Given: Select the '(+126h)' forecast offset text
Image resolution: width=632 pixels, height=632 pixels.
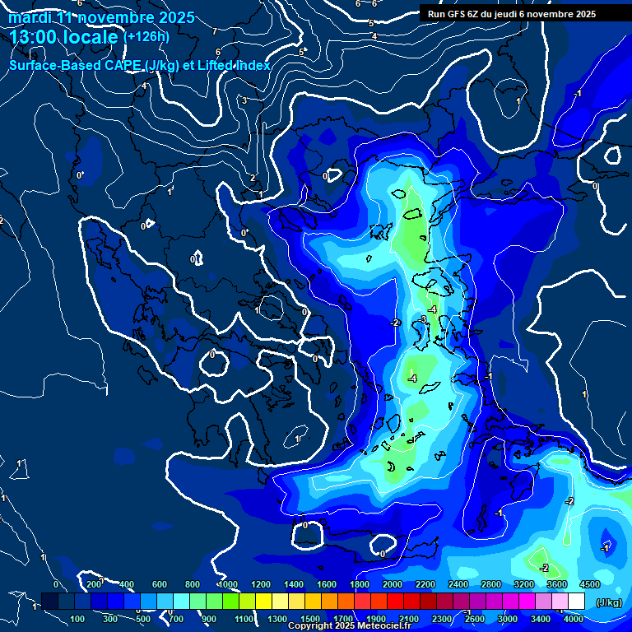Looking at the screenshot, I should point(146,36).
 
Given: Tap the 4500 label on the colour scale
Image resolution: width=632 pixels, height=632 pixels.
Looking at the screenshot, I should point(589,583).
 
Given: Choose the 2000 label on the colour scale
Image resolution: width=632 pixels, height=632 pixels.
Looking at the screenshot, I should point(392,583).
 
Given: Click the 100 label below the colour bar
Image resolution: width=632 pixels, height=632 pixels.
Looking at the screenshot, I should point(78,619).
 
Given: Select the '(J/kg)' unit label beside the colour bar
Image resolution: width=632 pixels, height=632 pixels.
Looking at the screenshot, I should point(607,603).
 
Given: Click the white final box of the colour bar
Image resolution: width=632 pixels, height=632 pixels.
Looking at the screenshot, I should point(576,602).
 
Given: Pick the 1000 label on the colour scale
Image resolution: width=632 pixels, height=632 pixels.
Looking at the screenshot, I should point(227,583).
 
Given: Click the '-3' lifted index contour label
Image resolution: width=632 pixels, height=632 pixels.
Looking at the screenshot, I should point(423,319).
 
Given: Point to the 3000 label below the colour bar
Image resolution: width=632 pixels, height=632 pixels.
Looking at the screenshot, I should point(508,619).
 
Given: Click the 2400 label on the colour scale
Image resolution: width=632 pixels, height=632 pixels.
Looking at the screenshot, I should point(458,583).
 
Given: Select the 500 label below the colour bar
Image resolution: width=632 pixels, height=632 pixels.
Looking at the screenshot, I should point(144,619).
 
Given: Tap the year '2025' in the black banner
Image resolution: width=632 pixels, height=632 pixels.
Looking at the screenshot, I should point(586,14).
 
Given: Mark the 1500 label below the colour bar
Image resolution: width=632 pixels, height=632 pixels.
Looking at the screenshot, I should point(310,619).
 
